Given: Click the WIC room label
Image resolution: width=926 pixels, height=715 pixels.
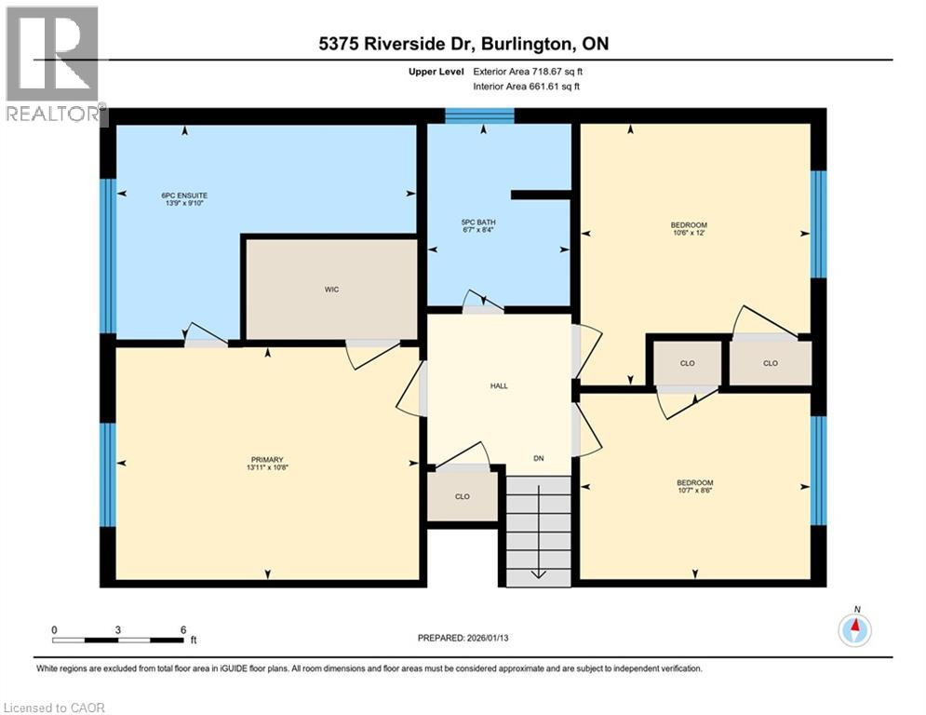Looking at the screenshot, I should (x=331, y=290).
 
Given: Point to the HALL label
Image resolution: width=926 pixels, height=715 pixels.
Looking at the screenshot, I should (x=500, y=385).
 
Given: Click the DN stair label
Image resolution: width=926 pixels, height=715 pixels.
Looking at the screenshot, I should (x=538, y=458).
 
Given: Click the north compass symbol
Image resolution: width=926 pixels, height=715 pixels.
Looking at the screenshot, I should (x=855, y=630).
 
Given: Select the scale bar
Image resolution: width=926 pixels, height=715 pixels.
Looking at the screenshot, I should (x=117, y=640).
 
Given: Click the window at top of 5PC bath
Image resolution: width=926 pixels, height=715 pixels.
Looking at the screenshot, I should (x=479, y=115).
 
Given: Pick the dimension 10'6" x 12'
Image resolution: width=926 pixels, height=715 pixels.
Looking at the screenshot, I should (x=689, y=234).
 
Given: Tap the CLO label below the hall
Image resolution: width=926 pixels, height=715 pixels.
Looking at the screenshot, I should (x=463, y=496).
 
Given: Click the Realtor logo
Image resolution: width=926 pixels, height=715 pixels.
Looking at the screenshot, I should (x=52, y=64).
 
